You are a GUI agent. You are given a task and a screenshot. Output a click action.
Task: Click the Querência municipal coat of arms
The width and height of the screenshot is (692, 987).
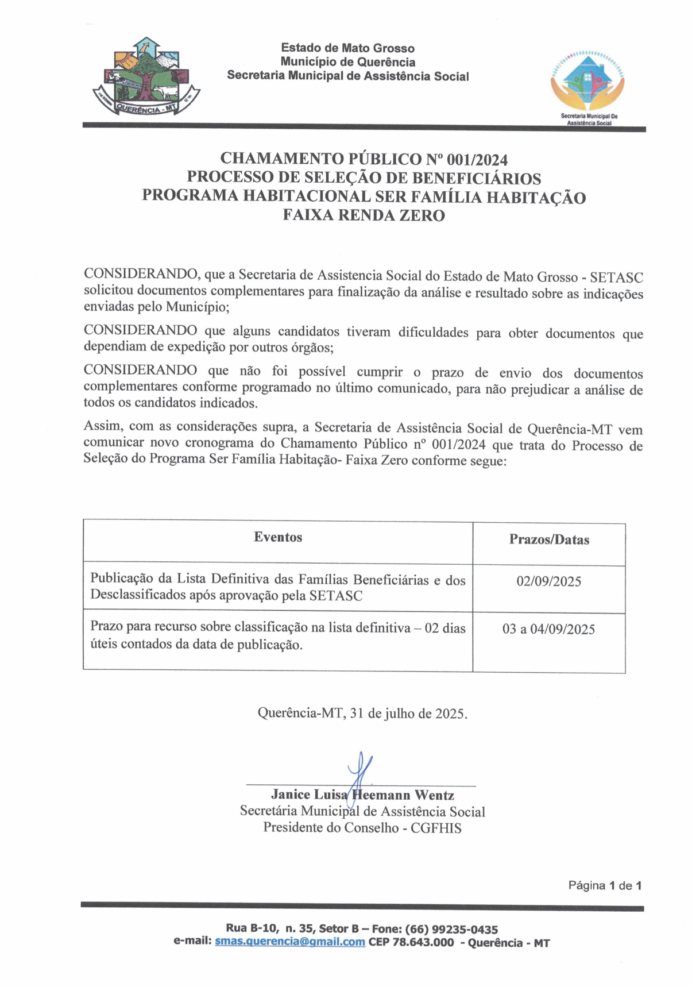[x=146, y=77]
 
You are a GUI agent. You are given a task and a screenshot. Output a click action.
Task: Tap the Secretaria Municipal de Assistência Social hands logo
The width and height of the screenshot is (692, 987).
[x=587, y=81]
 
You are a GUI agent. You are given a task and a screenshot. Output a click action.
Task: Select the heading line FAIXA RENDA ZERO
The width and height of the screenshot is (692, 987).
[x=364, y=215]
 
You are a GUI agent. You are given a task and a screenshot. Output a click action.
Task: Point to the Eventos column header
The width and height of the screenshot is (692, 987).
[x=278, y=537]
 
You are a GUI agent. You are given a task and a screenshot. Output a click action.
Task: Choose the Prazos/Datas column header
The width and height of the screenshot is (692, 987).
[x=549, y=539]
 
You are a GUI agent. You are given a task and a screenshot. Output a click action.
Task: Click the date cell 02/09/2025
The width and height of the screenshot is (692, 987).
[x=548, y=581]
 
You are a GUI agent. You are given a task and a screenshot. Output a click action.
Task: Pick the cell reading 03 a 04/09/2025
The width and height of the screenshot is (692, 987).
[x=548, y=629]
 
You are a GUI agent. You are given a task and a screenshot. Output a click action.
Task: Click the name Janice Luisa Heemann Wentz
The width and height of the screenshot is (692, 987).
[x=362, y=795]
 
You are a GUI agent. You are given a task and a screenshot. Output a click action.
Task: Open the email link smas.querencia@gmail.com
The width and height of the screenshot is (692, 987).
[x=289, y=942]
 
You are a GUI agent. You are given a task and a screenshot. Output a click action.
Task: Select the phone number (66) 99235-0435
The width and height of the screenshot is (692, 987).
[x=451, y=929]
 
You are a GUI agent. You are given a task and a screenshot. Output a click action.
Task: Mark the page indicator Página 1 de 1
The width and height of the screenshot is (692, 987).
[x=604, y=885]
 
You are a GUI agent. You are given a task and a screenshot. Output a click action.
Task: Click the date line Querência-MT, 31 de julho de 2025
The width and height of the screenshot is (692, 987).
[x=362, y=714]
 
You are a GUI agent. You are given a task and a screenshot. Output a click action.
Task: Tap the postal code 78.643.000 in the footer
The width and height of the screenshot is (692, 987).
[x=423, y=942]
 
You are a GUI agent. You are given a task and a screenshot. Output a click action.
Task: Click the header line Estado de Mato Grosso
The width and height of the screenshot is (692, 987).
[x=347, y=48]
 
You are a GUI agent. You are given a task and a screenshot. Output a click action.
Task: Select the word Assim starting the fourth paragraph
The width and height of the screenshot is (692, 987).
[x=103, y=426]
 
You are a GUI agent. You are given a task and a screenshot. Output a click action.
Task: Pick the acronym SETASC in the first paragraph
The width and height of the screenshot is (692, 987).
[x=616, y=277]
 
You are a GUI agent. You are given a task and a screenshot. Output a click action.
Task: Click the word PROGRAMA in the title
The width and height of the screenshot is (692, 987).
[x=190, y=196]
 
